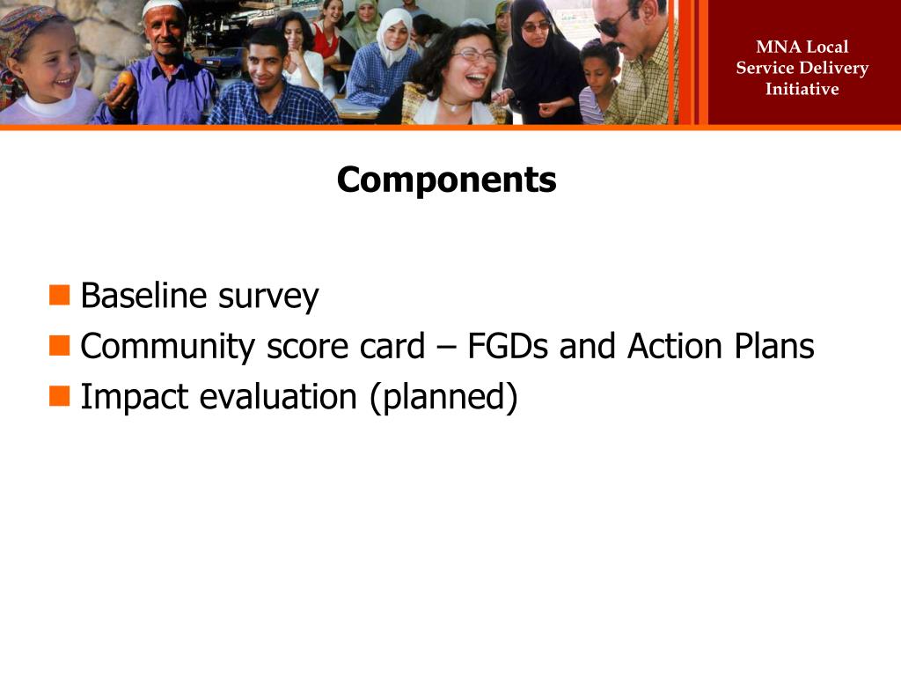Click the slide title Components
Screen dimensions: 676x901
[x=446, y=180]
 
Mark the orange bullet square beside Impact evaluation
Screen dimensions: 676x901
[x=60, y=396]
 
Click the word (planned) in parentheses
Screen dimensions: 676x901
[x=443, y=398]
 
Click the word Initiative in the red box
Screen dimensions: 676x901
[x=802, y=89]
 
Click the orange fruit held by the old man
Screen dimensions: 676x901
[x=127, y=78]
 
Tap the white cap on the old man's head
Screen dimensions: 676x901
[x=164, y=8]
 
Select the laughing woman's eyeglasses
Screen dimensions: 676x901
[x=474, y=55]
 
